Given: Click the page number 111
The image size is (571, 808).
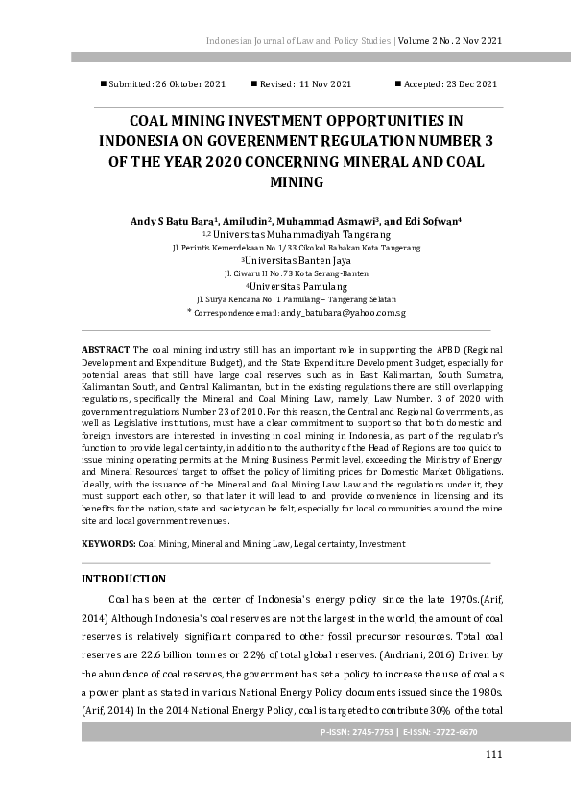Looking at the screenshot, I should click(493, 754).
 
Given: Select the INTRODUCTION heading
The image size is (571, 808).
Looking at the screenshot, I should click(124, 579).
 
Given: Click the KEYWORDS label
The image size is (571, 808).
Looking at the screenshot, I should click(108, 543).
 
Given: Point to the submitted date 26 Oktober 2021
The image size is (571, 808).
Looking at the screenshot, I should click(190, 84).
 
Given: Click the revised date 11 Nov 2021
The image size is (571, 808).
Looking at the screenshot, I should click(325, 84).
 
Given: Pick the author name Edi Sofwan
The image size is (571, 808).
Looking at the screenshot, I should click(432, 221).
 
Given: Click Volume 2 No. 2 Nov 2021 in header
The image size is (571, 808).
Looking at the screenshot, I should click(450, 41).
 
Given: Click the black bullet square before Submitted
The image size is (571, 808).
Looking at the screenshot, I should click(104, 84).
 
